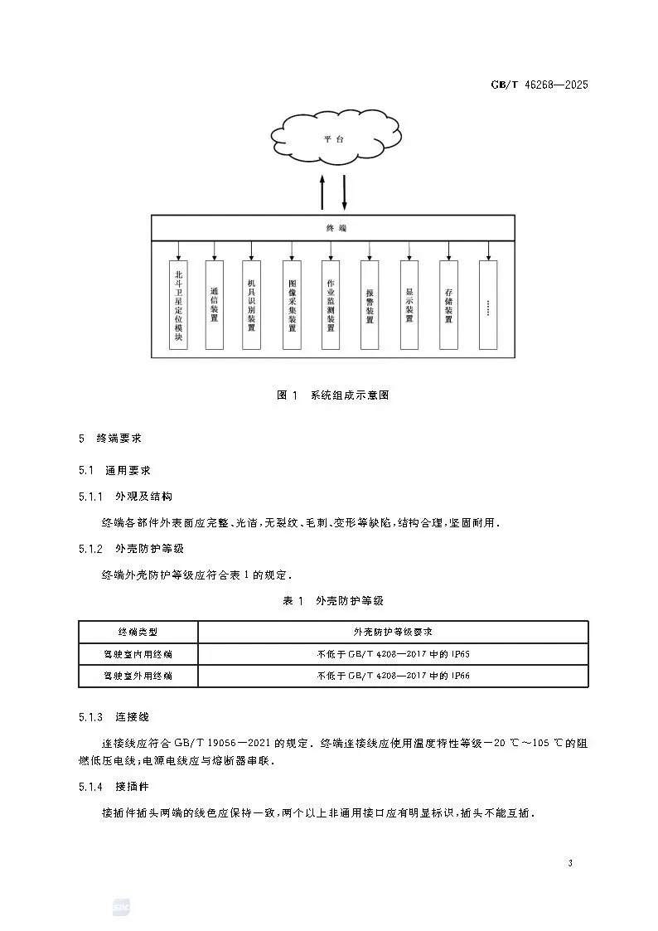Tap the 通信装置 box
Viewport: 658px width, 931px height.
click(x=215, y=304)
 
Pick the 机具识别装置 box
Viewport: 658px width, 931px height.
click(x=252, y=304)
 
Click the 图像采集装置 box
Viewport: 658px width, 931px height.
click(x=292, y=304)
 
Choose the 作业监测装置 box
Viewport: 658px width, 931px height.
click(x=331, y=304)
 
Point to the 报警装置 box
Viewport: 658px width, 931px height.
click(x=370, y=304)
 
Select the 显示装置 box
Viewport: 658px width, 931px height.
click(x=409, y=304)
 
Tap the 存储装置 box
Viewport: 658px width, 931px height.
click(x=448, y=304)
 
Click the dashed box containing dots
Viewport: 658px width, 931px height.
click(x=489, y=304)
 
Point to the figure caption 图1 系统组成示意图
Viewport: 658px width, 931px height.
click(x=332, y=395)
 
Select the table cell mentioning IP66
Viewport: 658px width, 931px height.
click(x=394, y=676)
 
